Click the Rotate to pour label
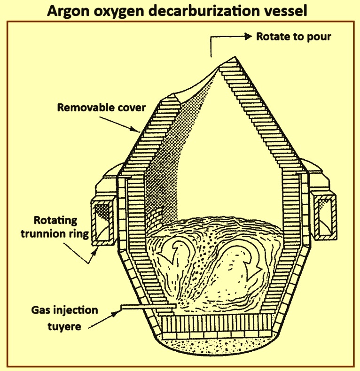tap(294, 37)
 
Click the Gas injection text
tap(65, 310)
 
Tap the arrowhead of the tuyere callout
tap(118, 313)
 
